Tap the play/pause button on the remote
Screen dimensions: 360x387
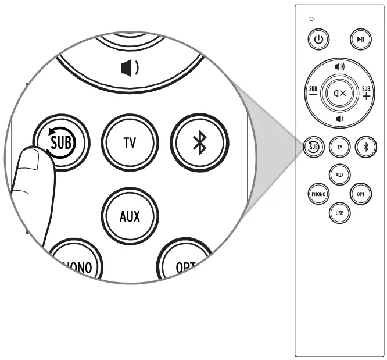360,40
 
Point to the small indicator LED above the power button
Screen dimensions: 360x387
311,19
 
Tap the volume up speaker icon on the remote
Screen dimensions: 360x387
339,67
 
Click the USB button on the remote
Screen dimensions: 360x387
339,213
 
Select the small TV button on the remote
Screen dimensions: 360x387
339,147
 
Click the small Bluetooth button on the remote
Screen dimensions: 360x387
365,147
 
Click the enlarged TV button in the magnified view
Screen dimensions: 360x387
130,142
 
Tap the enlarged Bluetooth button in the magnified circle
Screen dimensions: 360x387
199,142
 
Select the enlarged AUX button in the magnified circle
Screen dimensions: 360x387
130,216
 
